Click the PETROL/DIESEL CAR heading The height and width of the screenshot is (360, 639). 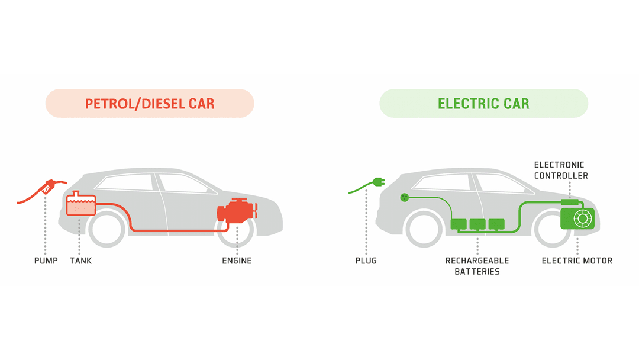coord(150,104)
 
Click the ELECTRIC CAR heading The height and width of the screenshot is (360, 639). coord(483,104)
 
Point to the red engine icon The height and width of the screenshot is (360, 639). coord(237,213)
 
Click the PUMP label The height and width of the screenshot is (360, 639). coord(46,261)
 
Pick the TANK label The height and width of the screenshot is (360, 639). coord(80,261)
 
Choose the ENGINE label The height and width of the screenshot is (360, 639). coord(237,261)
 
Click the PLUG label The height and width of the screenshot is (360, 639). coord(366,261)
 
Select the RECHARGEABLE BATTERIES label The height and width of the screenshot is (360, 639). coord(477,266)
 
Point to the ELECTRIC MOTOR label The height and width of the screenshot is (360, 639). coord(577,261)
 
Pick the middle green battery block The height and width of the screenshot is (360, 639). coord(477,224)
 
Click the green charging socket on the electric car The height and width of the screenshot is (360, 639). coord(404,197)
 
